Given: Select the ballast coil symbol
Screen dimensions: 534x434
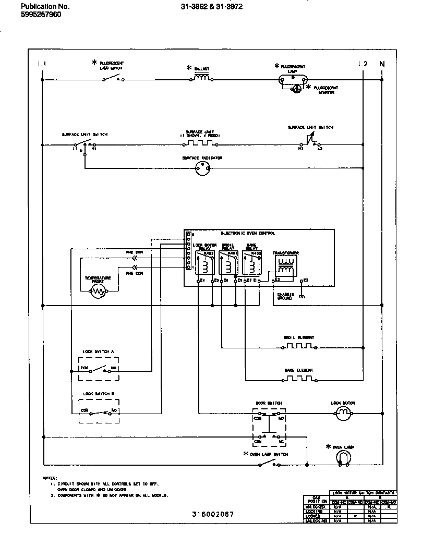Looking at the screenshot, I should tap(202, 79).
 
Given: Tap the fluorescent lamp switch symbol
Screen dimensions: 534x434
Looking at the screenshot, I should tap(113, 79).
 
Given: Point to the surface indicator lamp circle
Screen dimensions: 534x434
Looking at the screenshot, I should tap(201, 168).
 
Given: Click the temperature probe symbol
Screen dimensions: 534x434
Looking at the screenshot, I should tap(99, 292).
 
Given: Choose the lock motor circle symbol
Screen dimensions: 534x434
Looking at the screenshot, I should tap(343, 414).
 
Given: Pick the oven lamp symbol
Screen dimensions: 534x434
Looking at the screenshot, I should tap(343, 457).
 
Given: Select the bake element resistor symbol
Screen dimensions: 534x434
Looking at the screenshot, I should tap(299, 378).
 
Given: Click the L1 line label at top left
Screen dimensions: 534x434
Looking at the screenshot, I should tap(42, 64).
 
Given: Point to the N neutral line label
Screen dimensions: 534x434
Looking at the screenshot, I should tap(382, 64).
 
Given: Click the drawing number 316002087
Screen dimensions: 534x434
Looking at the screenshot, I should tap(213, 514).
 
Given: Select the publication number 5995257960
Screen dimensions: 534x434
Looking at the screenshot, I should tap(41, 15).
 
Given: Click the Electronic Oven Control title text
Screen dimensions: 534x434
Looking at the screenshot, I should tap(248, 233).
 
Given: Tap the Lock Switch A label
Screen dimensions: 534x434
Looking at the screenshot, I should tap(98, 351).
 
